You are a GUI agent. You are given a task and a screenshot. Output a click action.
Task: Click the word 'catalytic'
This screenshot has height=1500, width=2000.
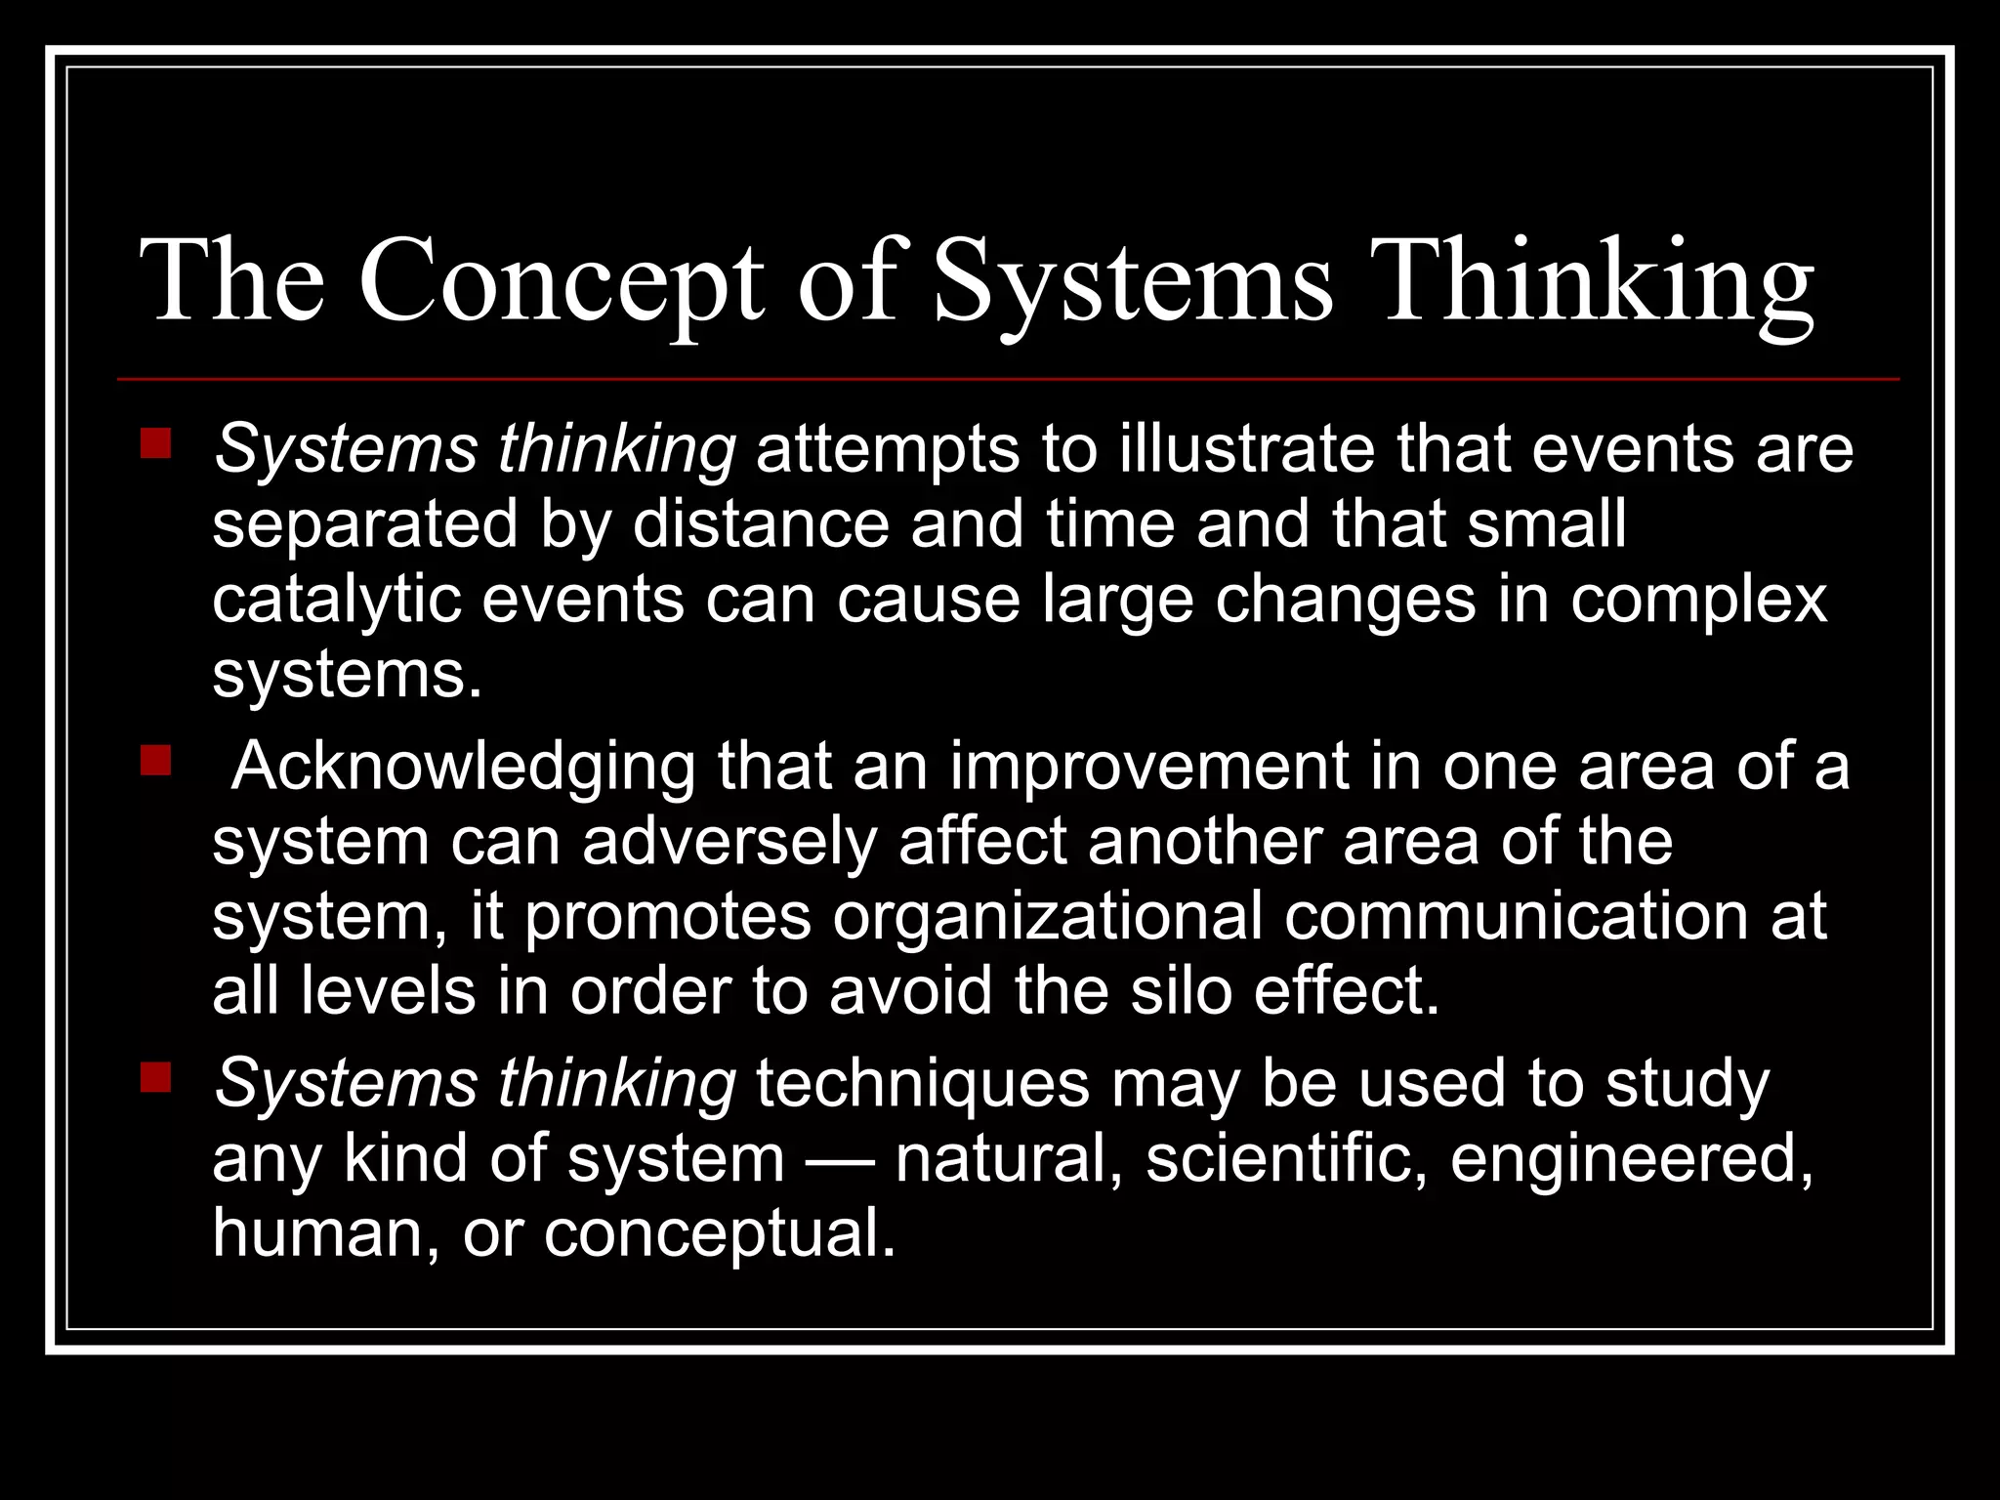click(x=336, y=599)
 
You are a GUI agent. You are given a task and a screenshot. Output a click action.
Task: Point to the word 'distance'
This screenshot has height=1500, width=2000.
click(x=761, y=524)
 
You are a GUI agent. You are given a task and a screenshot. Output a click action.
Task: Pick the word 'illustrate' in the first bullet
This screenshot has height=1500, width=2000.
click(x=1246, y=449)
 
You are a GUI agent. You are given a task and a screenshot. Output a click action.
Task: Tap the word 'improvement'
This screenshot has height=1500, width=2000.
click(x=1148, y=766)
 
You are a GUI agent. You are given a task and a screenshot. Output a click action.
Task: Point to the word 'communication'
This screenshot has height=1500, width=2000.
click(x=1516, y=916)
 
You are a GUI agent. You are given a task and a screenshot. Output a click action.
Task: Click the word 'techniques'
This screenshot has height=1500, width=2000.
click(x=923, y=1083)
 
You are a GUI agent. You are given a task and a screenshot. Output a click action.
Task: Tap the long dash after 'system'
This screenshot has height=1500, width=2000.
click(x=840, y=1158)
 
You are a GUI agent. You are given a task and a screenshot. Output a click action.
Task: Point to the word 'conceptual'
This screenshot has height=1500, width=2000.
click(x=719, y=1232)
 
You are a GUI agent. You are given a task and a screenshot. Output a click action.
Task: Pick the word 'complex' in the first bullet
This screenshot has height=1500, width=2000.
click(x=1698, y=599)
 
